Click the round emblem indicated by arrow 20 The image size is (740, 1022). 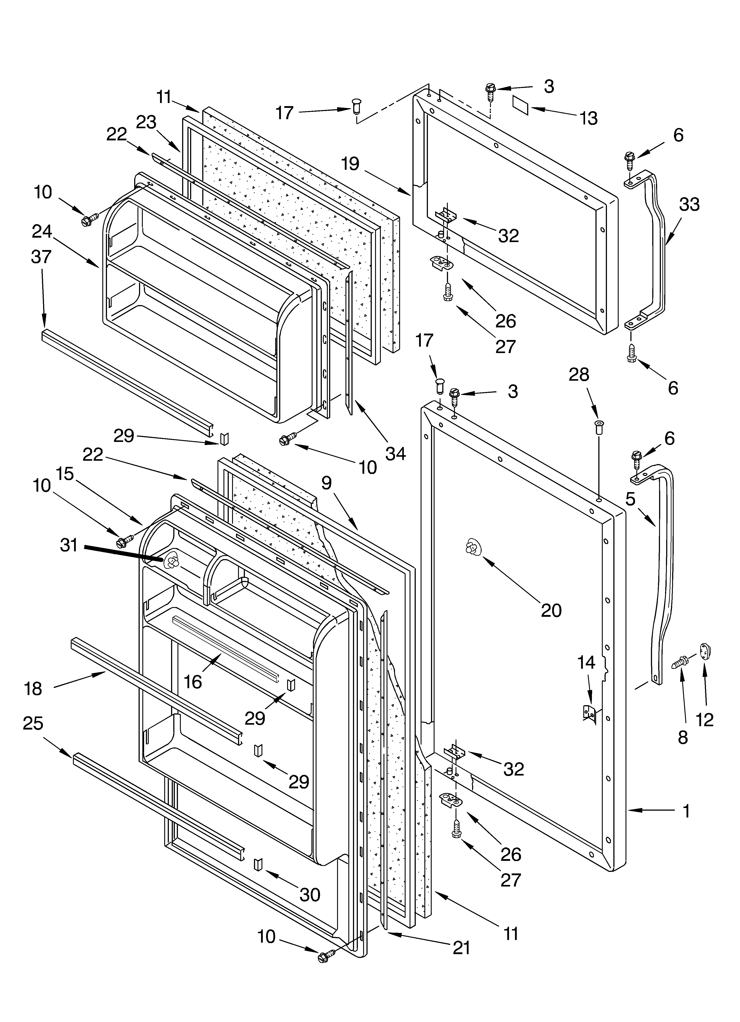(x=472, y=547)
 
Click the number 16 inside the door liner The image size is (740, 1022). (x=193, y=682)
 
